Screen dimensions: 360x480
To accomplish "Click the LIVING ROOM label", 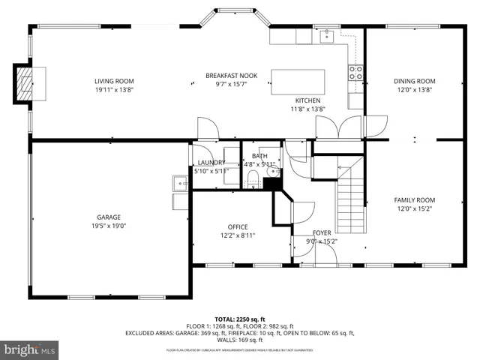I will [114, 81].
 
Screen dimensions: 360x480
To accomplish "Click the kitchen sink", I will [328, 35].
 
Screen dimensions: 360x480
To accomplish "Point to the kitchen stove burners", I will [356, 73].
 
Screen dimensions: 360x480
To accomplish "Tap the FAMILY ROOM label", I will [415, 200].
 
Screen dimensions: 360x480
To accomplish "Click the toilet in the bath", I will [253, 178].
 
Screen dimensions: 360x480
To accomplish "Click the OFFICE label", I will [238, 227].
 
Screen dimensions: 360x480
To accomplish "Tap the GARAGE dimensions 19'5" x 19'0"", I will [108, 226].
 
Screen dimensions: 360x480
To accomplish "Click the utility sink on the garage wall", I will [180, 182].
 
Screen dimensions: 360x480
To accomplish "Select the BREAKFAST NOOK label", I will [232, 76].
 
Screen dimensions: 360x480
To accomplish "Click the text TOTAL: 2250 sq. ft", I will [240, 319].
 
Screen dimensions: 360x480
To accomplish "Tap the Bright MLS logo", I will [29, 349].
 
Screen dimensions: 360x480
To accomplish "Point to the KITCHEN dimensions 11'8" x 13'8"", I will [307, 109].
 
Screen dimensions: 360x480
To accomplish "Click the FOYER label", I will [322, 233].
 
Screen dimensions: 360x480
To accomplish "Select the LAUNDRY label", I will [211, 163].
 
